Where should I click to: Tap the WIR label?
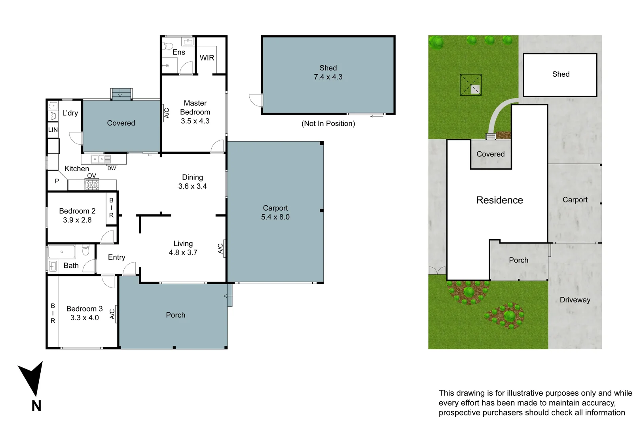[207, 58]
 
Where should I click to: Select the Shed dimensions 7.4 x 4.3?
[328, 77]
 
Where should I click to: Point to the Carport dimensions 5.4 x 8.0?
[275, 217]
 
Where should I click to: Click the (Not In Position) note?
[328, 123]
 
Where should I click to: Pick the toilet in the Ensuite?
[167, 45]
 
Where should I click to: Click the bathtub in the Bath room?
[62, 252]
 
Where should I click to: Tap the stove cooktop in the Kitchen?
[92, 185]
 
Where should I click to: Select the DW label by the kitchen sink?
[112, 168]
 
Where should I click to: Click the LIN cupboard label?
[53, 130]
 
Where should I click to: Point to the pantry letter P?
[57, 181]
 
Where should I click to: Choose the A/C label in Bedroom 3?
[112, 314]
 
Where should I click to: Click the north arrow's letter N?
[36, 406]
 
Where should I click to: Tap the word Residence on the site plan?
[499, 200]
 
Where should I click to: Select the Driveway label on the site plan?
[575, 300]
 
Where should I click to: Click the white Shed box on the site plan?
[560, 75]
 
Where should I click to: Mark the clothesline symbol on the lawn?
[470, 85]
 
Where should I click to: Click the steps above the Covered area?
[121, 94]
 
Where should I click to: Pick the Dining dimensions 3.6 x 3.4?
[192, 186]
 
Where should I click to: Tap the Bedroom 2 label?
[77, 211]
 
